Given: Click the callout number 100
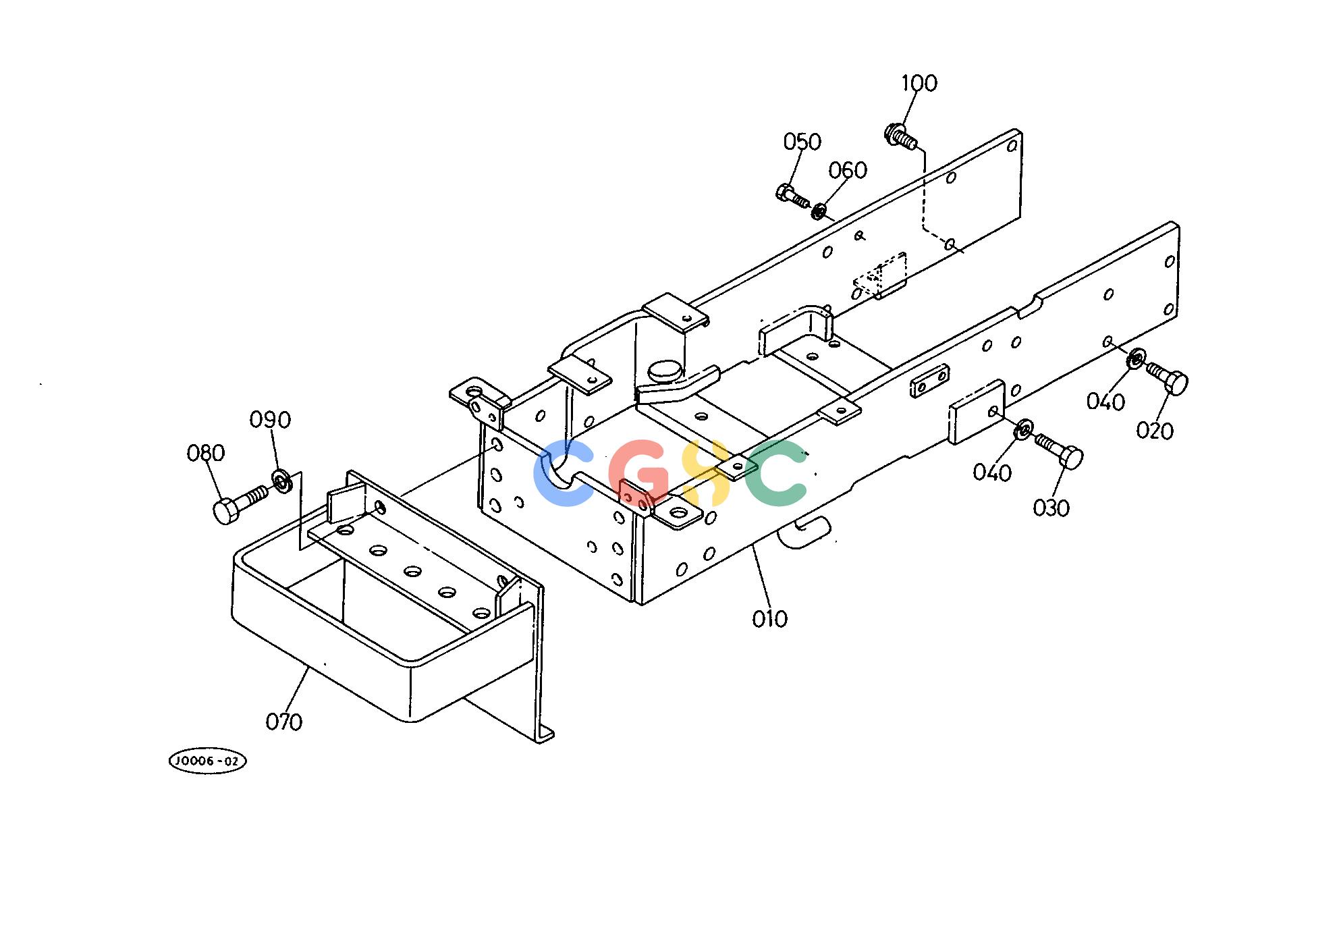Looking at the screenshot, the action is click(919, 83).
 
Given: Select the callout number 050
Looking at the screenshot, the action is click(802, 142).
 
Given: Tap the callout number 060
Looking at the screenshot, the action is click(848, 170).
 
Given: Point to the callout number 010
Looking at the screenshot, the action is click(769, 619).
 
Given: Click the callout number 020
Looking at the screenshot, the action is click(1155, 431).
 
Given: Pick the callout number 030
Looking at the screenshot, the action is click(1051, 508).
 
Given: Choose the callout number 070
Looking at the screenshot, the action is click(283, 722).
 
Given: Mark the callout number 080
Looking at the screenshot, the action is click(205, 453).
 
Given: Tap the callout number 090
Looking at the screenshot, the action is click(270, 420).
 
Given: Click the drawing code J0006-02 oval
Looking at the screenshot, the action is click(207, 761).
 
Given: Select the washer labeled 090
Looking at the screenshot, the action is click(282, 482).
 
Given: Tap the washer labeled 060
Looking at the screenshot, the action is click(818, 211).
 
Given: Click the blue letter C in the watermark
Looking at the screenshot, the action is click(562, 472).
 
